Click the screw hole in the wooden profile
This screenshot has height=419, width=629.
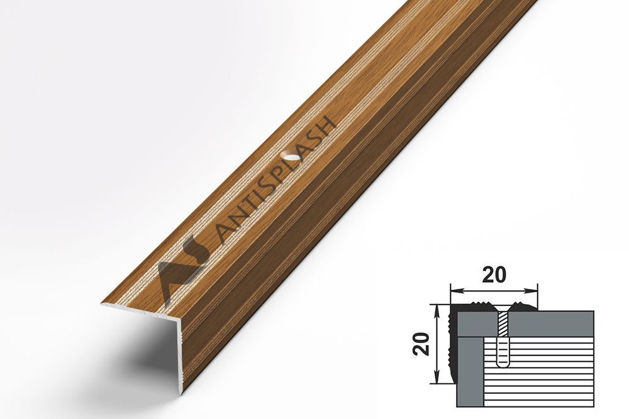click(291, 155)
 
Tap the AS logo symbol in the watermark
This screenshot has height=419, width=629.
click(179, 267)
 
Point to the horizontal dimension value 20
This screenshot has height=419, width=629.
click(494, 275)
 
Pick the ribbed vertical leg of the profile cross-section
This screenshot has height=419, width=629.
click(452, 346)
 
